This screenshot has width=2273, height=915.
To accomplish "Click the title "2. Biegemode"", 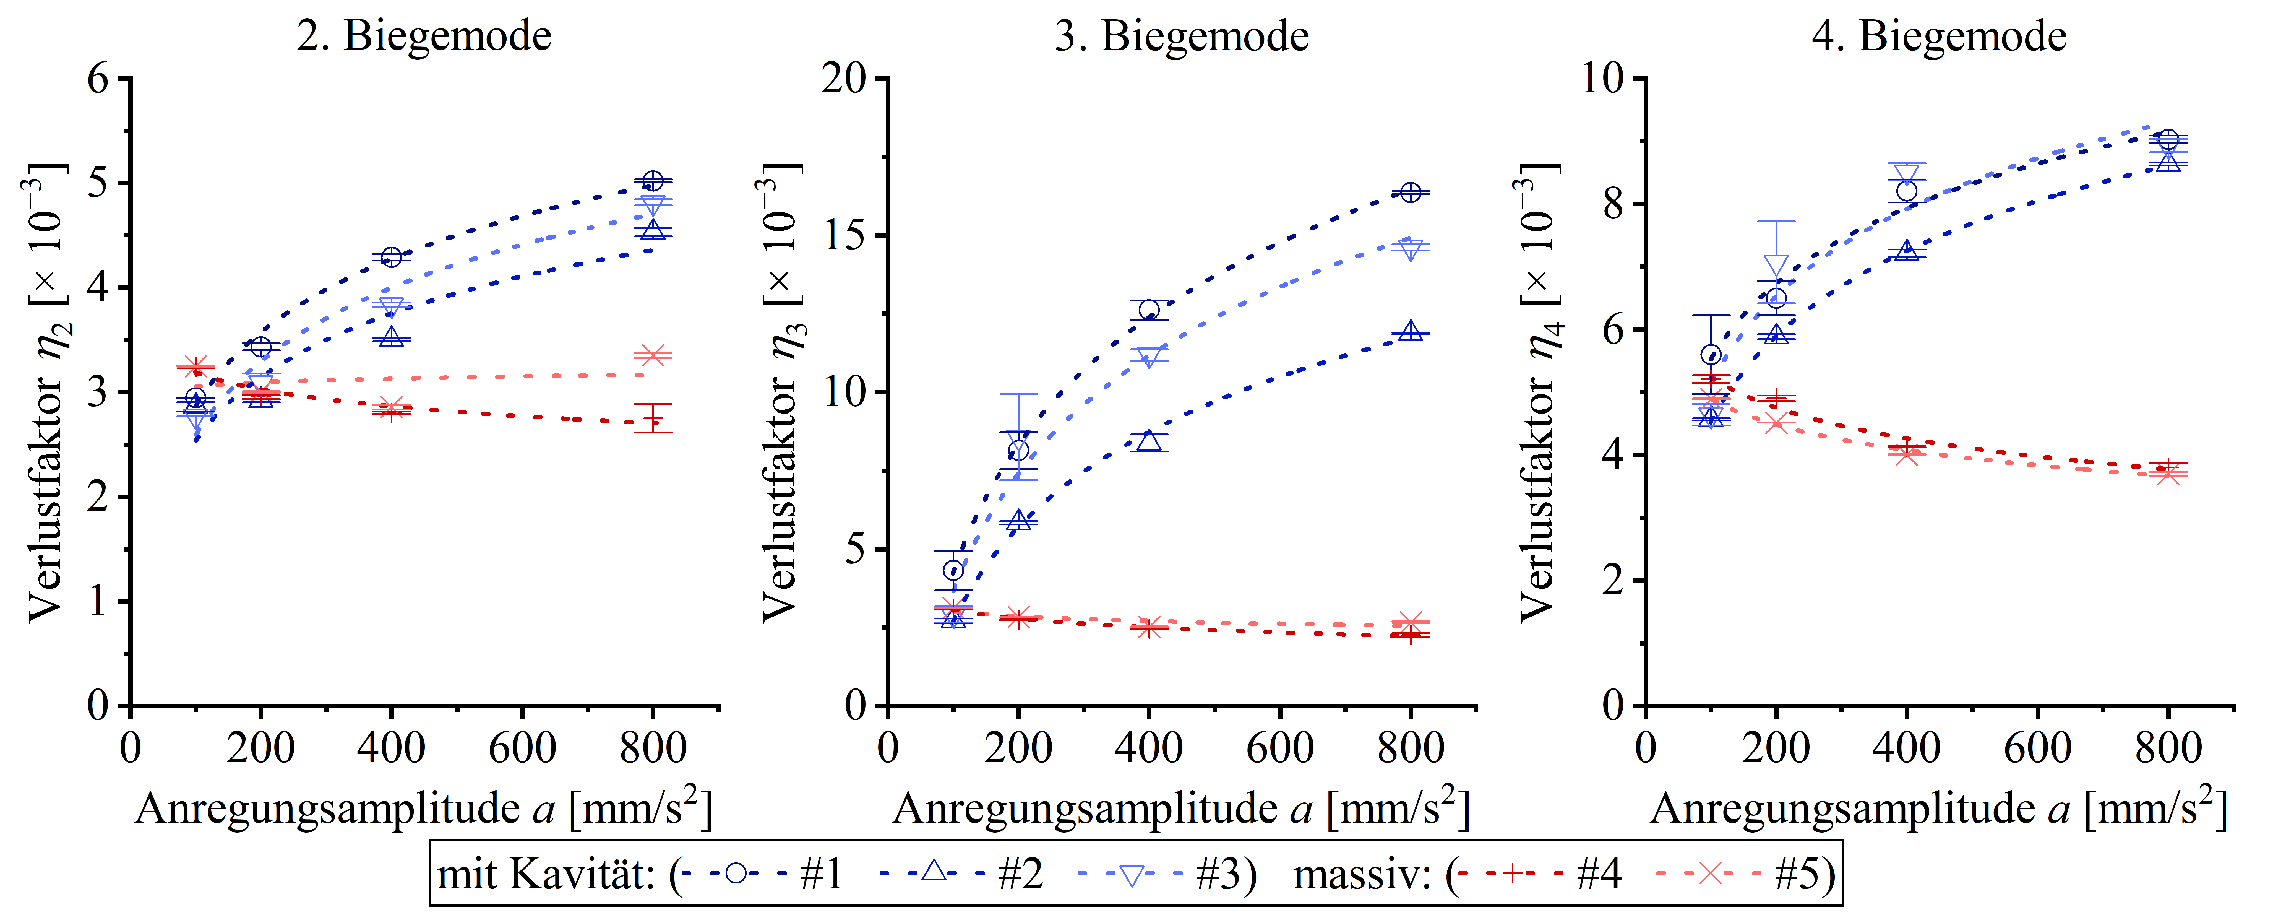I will click(424, 36).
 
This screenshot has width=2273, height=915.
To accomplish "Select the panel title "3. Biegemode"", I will click(1182, 36).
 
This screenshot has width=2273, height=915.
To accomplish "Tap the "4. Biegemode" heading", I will click(1939, 36).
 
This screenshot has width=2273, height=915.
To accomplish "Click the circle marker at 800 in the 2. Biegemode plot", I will click(653, 181).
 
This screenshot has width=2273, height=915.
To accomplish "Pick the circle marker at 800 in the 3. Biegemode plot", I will click(1411, 192).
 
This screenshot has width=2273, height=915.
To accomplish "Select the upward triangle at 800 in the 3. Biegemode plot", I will click(1411, 331).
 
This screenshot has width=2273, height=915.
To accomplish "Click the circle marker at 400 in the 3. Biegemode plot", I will click(1149, 310).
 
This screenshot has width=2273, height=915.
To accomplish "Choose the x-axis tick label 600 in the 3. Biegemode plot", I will click(1279, 748).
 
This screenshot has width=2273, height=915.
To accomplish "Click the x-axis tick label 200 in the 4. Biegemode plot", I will click(1776, 748).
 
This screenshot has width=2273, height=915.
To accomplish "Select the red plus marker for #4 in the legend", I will click(1512, 874).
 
